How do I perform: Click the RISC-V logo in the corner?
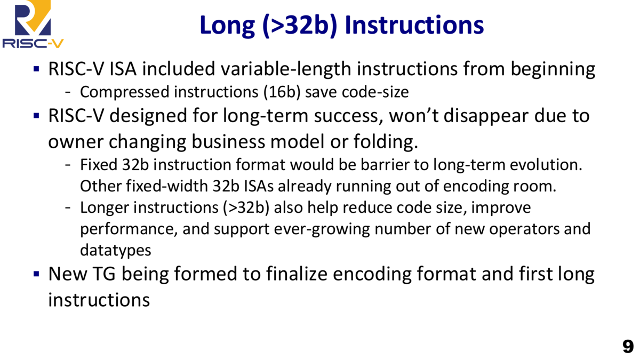coord(33,24)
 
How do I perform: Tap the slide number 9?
coord(628,347)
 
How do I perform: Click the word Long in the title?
coord(227,26)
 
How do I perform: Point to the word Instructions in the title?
coord(414,25)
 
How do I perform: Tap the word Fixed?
coord(99,165)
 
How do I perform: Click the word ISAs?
coord(259,186)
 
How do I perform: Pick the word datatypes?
coord(115,251)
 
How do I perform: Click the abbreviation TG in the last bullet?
coord(105,274)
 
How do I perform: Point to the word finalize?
coord(297,274)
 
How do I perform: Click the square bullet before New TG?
coord(36,274)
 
